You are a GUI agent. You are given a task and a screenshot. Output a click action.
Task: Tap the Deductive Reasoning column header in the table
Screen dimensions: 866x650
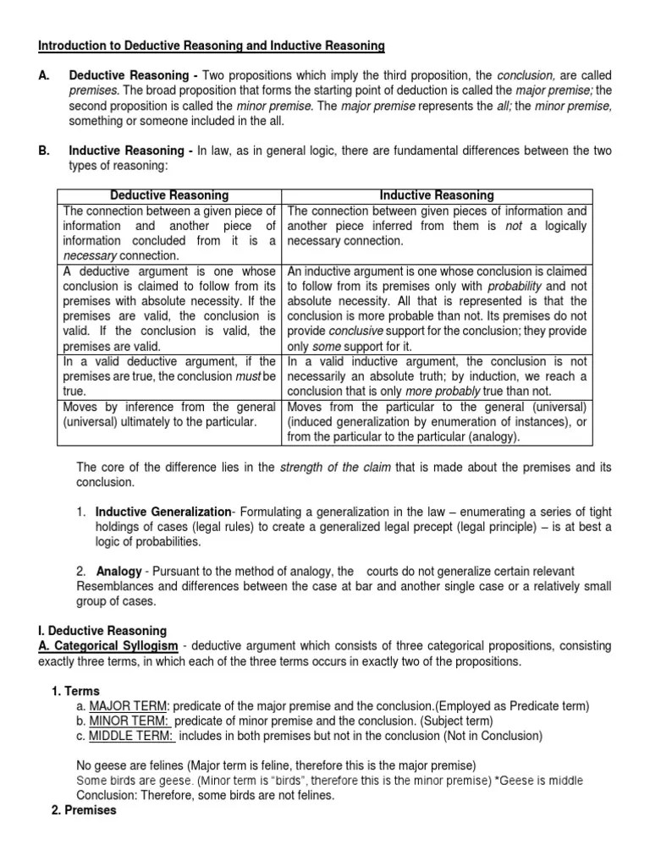(x=170, y=195)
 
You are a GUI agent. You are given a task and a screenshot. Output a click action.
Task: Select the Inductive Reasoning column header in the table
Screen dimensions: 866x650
(x=438, y=195)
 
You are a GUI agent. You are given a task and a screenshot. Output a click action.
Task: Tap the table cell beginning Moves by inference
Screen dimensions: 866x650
(x=169, y=414)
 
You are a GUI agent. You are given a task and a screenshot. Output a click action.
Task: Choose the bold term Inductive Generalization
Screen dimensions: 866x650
(x=162, y=512)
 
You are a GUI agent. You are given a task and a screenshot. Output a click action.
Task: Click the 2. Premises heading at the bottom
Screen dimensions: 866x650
(x=85, y=809)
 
